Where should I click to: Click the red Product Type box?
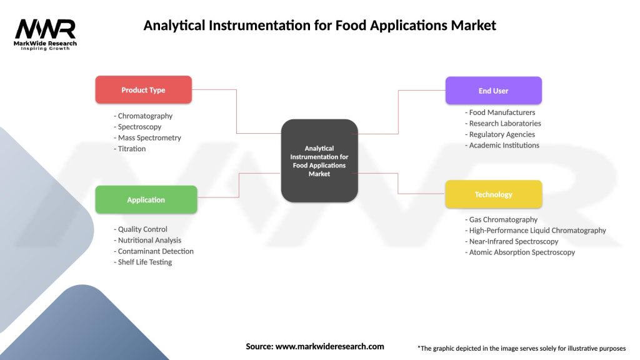(x=143, y=90)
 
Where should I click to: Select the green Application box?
(x=146, y=200)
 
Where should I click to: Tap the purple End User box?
(x=493, y=91)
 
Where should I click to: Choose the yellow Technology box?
(x=493, y=194)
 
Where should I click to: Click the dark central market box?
(x=319, y=161)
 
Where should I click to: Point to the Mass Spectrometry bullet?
(x=147, y=137)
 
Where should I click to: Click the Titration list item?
(x=130, y=149)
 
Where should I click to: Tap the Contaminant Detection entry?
(x=154, y=251)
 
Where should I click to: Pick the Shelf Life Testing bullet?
(x=143, y=262)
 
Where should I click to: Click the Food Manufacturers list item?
(x=500, y=112)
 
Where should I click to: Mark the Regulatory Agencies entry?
(x=500, y=134)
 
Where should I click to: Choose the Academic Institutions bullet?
(x=502, y=145)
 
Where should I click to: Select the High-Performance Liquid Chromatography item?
(x=536, y=231)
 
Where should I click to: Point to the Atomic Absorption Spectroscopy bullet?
(x=520, y=252)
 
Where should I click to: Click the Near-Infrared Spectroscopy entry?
(x=512, y=241)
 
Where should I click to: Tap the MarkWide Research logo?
(x=46, y=34)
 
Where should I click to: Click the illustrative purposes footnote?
(x=521, y=348)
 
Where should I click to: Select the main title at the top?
(x=319, y=26)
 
